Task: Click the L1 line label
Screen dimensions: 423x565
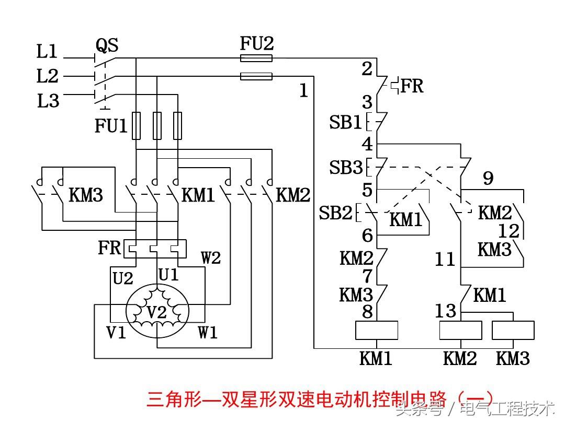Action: [47, 52]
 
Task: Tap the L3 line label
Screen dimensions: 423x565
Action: [48, 101]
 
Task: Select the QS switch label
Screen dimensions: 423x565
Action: [107, 46]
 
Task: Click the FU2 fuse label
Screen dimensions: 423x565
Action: [256, 43]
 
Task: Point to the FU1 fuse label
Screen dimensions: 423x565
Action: [111, 126]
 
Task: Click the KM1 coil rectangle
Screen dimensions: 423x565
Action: [377, 331]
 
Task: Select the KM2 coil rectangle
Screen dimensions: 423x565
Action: [460, 331]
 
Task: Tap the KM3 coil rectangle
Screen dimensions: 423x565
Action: [513, 331]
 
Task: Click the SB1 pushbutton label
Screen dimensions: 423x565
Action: [345, 123]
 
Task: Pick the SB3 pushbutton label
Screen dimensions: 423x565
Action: [345, 168]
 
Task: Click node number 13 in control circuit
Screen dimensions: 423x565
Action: [446, 311]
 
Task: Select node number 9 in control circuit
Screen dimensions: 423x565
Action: [488, 179]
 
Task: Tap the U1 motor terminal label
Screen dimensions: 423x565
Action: [168, 275]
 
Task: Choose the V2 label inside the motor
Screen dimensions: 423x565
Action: [156, 313]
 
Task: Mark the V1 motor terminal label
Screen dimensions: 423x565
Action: [116, 332]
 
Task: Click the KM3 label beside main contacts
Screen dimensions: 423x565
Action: [86, 196]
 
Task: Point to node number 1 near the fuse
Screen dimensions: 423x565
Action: [303, 91]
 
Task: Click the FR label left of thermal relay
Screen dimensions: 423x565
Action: [109, 248]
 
